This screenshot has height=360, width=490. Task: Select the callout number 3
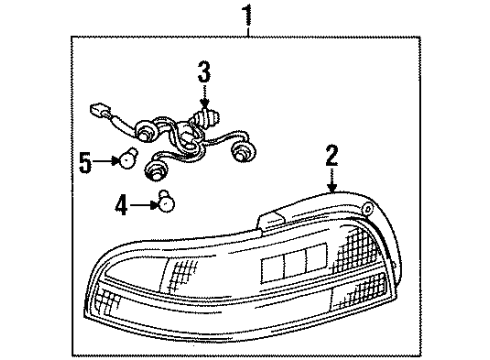[x=204, y=72]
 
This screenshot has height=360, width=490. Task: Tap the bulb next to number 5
[x=127, y=158]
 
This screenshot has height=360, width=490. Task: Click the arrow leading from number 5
[x=106, y=158]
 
